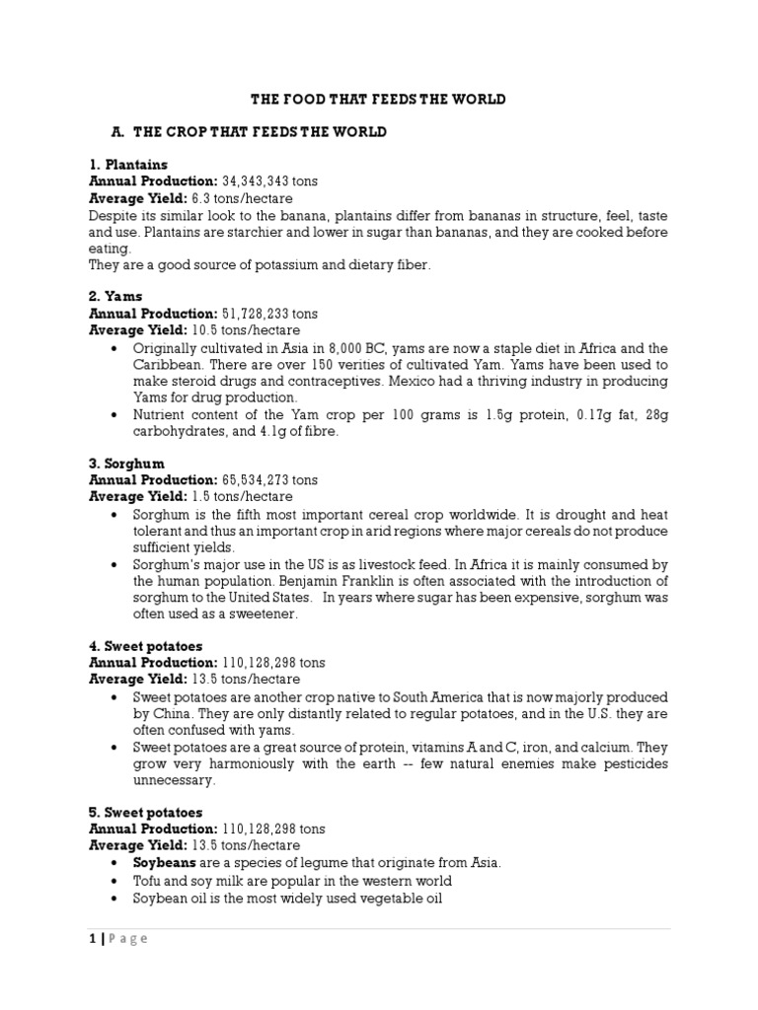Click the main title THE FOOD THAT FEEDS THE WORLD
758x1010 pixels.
(x=379, y=100)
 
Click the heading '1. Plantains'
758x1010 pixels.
(x=128, y=165)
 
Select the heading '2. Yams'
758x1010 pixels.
(x=115, y=296)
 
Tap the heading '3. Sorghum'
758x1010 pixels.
(x=127, y=464)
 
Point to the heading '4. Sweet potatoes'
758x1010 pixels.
(x=146, y=646)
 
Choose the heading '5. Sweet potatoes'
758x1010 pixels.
(x=146, y=813)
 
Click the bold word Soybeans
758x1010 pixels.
(x=164, y=863)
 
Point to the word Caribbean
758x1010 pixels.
(x=167, y=364)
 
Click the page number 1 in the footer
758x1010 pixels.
(x=92, y=938)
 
